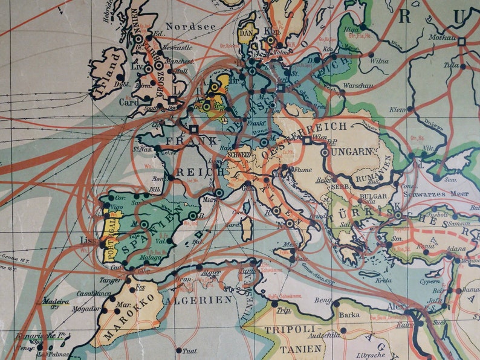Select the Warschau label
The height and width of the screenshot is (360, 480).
(x=357, y=86)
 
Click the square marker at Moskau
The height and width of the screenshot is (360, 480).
(x=461, y=42)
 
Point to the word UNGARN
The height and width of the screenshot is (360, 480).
(x=351, y=151)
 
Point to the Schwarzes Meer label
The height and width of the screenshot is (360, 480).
(x=439, y=194)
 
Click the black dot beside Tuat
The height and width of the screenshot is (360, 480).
(x=179, y=350)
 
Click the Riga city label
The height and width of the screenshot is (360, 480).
(x=351, y=29)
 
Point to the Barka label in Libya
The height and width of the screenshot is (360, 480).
(x=349, y=314)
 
